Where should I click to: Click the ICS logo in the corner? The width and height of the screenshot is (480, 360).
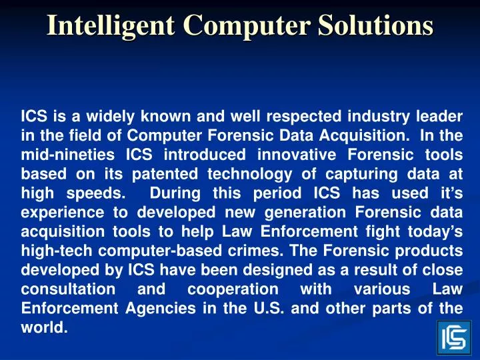454,337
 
